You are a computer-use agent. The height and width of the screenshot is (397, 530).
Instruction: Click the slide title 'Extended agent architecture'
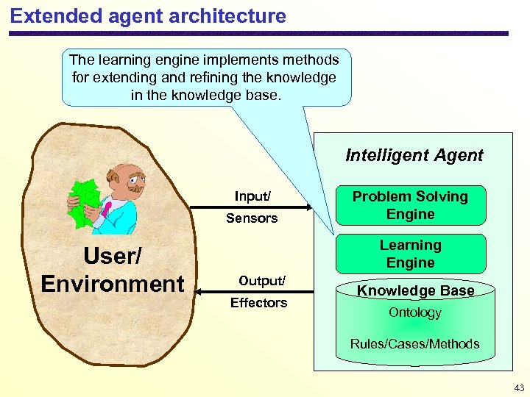tap(148, 15)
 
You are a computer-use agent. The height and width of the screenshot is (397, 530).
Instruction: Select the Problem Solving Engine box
tap(410, 205)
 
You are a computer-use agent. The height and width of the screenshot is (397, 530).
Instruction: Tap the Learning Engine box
tap(410, 254)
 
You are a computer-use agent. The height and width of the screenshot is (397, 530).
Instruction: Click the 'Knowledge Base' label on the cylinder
tap(415, 290)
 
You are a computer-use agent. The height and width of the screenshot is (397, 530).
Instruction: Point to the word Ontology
tap(415, 312)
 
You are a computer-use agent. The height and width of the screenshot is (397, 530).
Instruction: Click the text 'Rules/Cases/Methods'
tap(414, 343)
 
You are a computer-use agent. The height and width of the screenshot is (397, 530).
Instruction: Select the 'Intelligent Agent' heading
tap(414, 155)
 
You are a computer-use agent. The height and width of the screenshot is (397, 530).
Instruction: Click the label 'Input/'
tap(252, 196)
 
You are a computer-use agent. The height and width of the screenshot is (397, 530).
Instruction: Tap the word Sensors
tap(252, 218)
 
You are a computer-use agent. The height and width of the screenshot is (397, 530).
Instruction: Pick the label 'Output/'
tap(261, 281)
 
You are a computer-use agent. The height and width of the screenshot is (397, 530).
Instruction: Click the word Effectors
tap(258, 303)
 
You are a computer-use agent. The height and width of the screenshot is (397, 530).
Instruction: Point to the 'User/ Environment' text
tap(113, 270)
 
